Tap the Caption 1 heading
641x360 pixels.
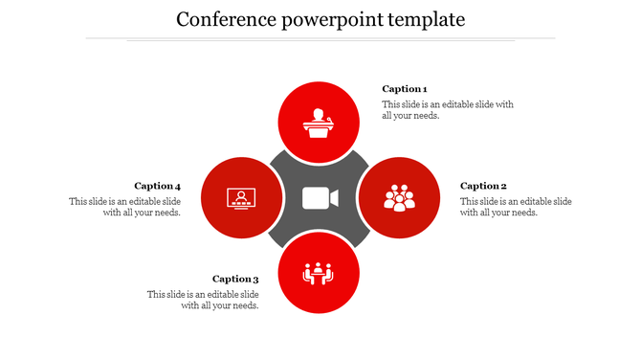(x=405, y=89)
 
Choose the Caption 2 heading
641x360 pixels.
(x=483, y=186)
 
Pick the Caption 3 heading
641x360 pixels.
(x=235, y=280)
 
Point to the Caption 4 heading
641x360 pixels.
(x=157, y=186)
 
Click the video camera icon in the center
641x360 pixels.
(x=320, y=198)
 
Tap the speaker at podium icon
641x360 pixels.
(x=319, y=123)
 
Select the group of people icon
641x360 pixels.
(x=399, y=198)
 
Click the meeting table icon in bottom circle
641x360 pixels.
(x=318, y=274)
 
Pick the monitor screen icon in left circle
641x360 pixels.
(x=241, y=198)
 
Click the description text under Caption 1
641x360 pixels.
(x=448, y=110)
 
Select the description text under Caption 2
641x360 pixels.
(x=515, y=207)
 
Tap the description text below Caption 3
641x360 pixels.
(x=203, y=300)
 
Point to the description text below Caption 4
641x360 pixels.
(x=125, y=207)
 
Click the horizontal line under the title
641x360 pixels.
(x=320, y=39)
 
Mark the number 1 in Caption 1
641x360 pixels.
(x=424, y=89)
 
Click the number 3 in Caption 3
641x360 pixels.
(x=255, y=280)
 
